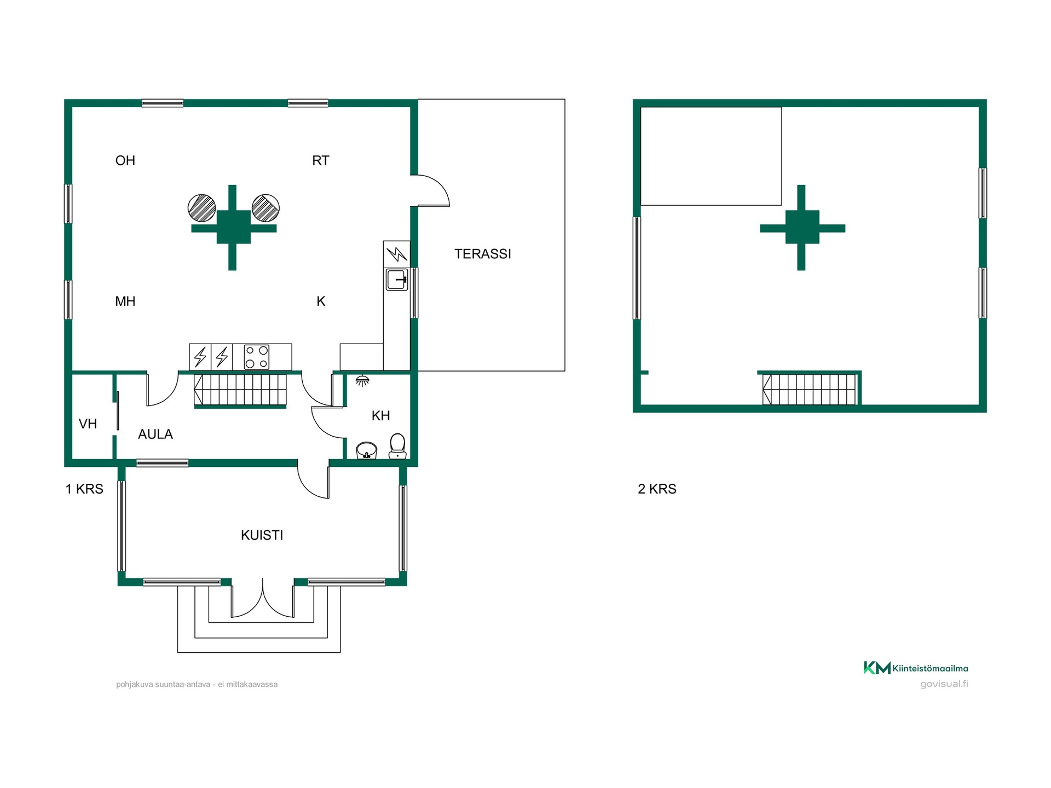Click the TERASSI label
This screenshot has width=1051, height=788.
482,254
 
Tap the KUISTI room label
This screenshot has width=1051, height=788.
262,535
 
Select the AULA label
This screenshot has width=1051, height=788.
155,434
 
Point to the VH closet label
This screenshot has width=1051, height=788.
88,424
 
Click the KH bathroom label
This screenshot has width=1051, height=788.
380,416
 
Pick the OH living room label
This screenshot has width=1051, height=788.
125,160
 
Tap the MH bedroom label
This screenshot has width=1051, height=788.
125,301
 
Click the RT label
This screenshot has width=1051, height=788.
321,160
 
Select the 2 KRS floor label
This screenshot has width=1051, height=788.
657,489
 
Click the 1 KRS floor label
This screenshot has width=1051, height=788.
84,489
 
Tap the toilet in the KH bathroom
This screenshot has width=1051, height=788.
397,445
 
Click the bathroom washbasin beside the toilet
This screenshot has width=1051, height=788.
367,450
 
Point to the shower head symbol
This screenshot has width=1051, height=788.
362,381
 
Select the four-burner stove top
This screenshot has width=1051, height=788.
256,357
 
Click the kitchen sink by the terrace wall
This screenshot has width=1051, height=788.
397,279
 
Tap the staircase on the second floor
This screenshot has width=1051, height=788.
809,390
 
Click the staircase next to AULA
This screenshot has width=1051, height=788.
240,390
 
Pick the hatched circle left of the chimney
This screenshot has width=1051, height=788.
201,208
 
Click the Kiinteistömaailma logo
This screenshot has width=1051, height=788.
916,668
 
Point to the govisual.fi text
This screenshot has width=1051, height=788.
944,684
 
